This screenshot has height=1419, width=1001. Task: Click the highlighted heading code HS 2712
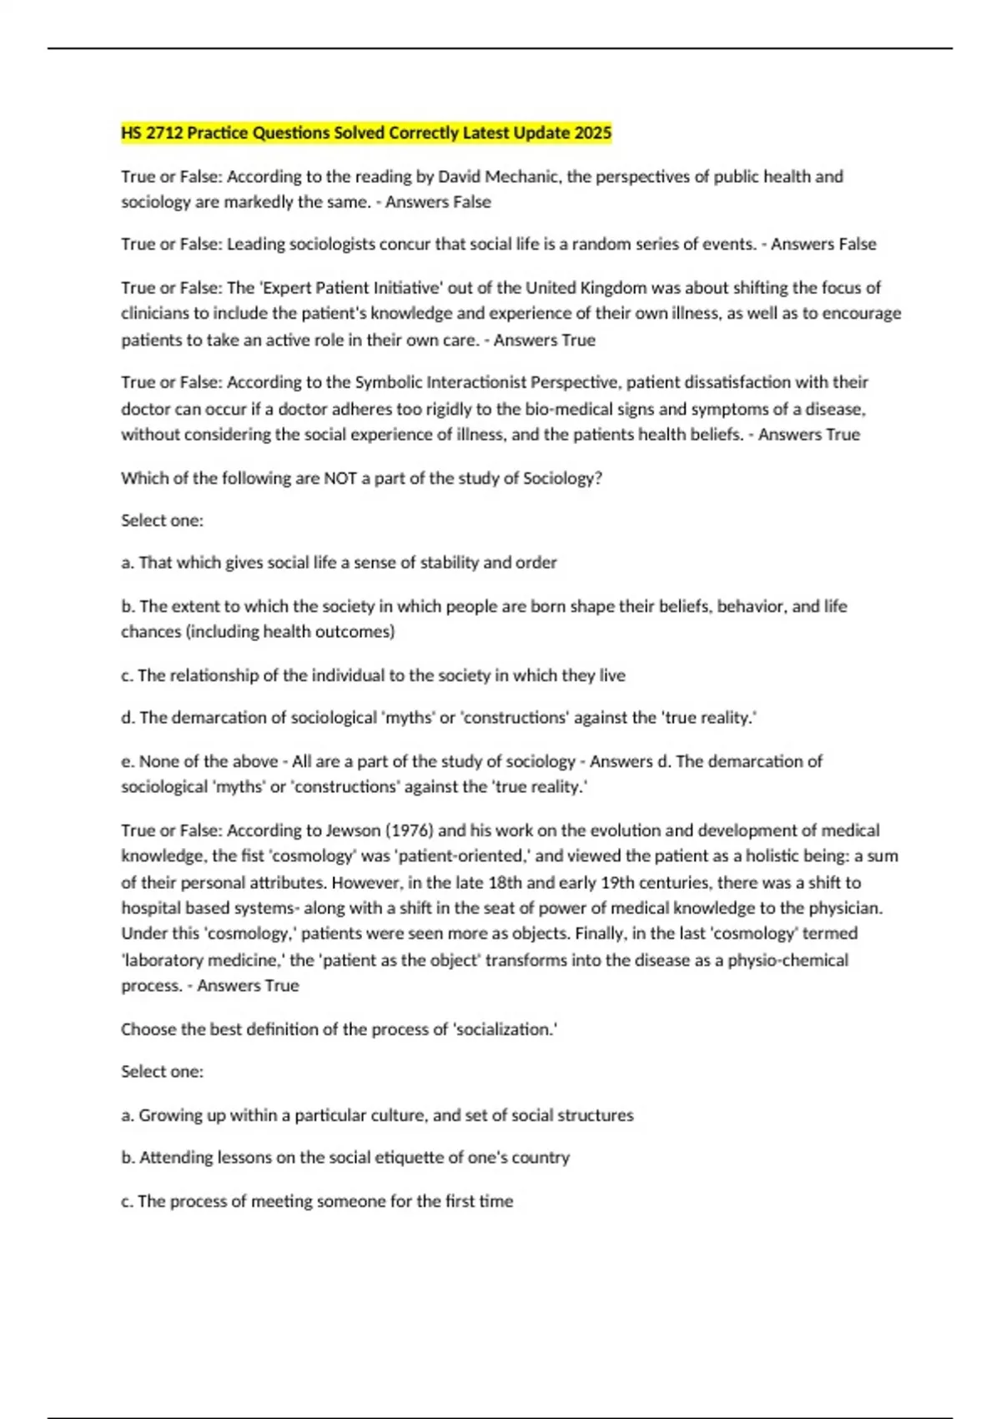[152, 133]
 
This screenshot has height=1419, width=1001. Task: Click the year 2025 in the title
[592, 133]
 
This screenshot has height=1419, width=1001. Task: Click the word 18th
[500, 882]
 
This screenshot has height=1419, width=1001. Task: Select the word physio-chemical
[787, 960]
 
